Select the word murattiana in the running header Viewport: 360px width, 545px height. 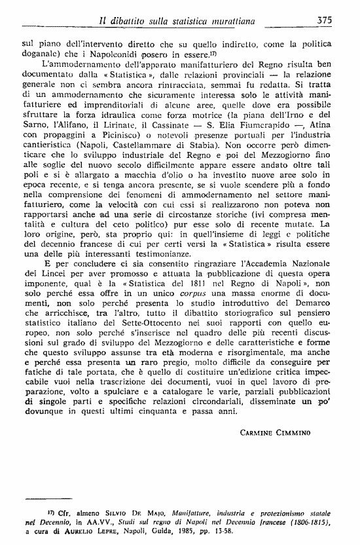pyautogui.click(x=261, y=20)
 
